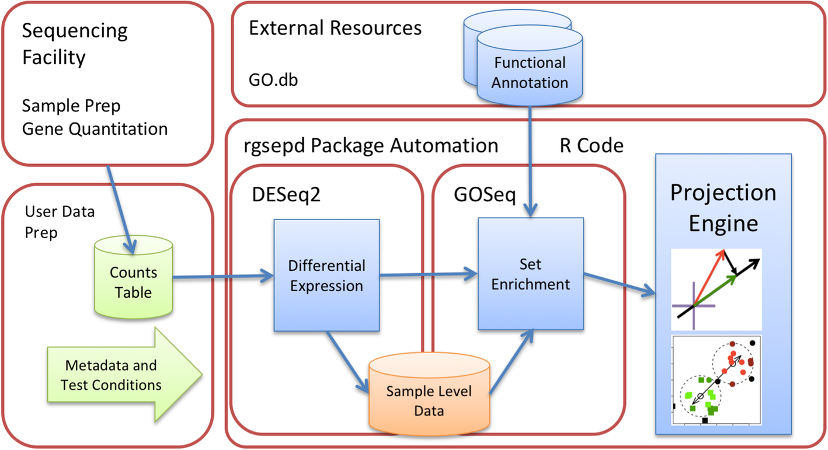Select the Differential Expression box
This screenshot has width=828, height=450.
point(326,275)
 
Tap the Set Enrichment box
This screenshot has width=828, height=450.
point(530,274)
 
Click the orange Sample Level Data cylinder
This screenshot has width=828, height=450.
point(429,400)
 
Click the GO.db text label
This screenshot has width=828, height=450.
point(273,80)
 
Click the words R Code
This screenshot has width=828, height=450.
point(591,146)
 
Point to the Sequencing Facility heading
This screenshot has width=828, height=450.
point(75,44)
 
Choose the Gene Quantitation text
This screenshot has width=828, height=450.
point(95,128)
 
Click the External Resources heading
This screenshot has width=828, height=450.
point(335,28)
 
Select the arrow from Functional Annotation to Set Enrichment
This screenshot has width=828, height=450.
point(530,163)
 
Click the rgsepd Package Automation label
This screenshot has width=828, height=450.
point(371,146)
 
